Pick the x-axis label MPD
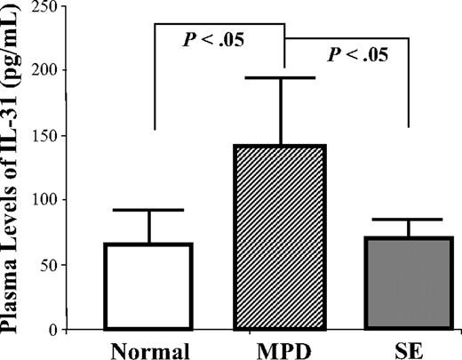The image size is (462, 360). (x=283, y=348)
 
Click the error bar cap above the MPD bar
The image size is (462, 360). (x=283, y=78)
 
